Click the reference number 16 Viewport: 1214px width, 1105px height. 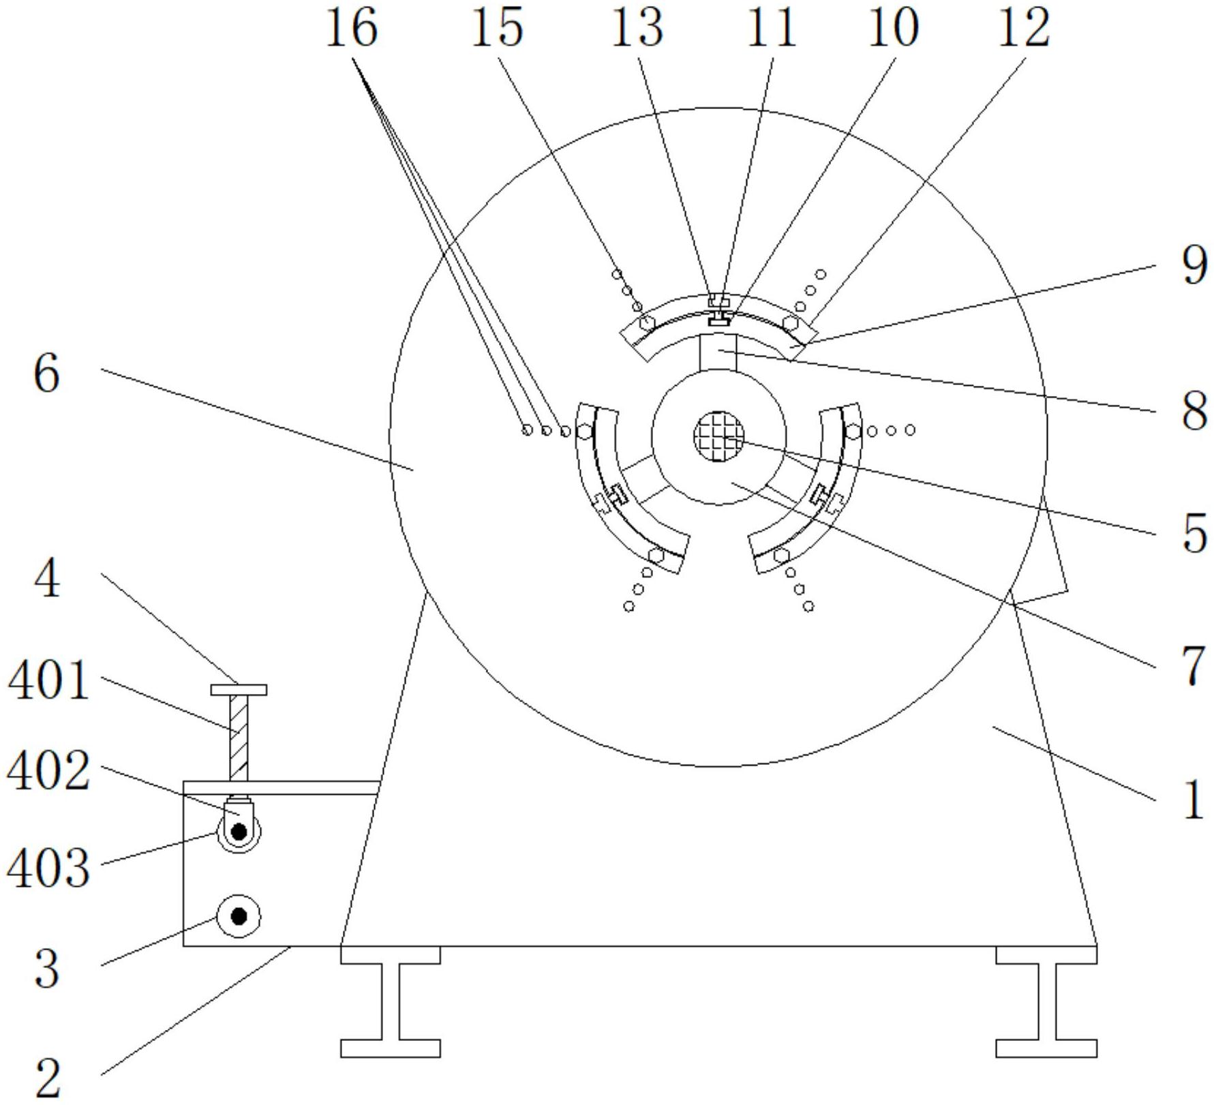(x=351, y=29)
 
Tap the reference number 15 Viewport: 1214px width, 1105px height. (x=497, y=29)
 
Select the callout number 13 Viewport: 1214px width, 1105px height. (x=637, y=29)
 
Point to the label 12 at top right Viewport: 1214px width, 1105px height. (x=1023, y=29)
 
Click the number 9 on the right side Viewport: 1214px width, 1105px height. (x=1194, y=267)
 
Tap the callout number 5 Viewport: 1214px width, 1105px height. (x=1194, y=534)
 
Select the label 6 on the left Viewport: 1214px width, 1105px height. (x=46, y=374)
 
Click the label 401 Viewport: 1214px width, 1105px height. (x=48, y=681)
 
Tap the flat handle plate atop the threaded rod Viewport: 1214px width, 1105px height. (x=239, y=690)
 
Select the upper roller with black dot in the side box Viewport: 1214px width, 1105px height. (x=239, y=832)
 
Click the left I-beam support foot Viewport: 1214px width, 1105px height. (x=390, y=1001)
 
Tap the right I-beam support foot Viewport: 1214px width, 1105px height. (x=1046, y=1001)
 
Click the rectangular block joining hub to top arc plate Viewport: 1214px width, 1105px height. (x=718, y=352)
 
